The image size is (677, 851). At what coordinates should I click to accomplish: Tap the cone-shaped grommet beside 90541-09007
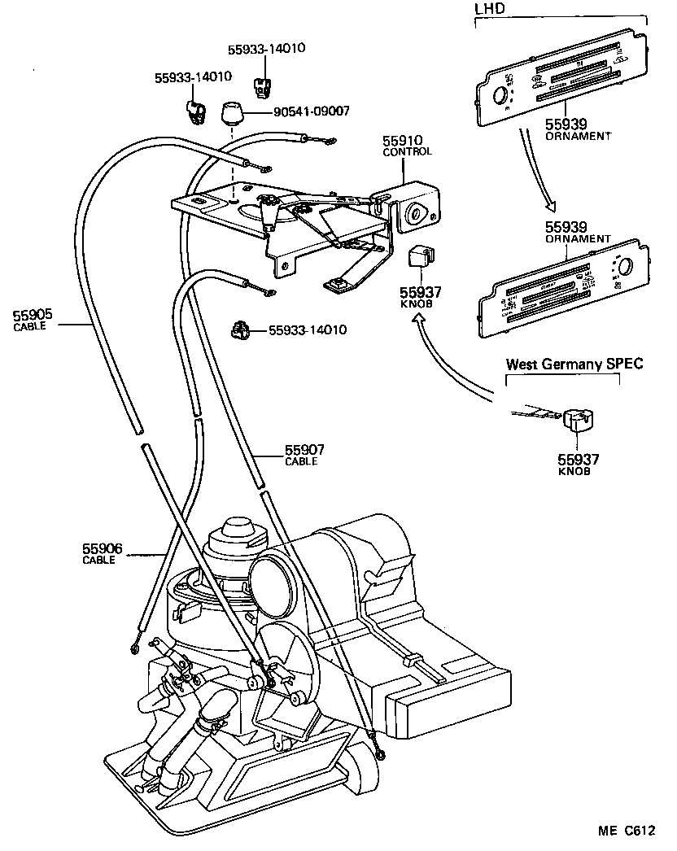point(233,111)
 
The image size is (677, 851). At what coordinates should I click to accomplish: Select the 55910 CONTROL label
point(406,146)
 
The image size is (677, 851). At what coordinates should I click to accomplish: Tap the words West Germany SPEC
point(574,364)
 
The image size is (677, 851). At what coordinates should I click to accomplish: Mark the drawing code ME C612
point(626,831)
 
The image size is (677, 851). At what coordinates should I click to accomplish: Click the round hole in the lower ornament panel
point(628,268)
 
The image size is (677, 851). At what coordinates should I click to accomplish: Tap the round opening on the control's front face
point(416,213)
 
